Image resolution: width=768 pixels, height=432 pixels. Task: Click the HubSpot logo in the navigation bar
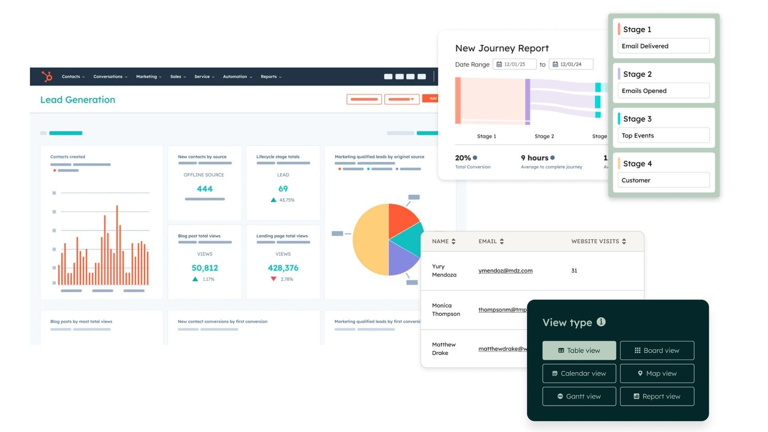point(47,76)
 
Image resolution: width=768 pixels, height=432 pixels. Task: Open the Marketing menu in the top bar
point(148,77)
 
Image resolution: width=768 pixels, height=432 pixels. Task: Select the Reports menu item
point(271,77)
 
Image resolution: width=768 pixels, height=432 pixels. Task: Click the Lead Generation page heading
point(78,100)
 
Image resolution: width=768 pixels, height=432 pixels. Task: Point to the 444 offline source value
point(204,189)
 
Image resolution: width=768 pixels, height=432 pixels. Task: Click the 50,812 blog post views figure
point(204,268)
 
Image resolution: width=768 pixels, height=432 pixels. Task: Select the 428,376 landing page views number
point(283,268)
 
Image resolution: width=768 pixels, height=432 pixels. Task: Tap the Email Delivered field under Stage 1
point(663,46)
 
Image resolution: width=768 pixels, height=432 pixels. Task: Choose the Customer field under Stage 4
point(663,180)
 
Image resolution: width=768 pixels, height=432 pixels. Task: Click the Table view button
point(579,350)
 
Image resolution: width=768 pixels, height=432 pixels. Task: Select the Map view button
point(657,374)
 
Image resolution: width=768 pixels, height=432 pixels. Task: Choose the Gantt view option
point(579,396)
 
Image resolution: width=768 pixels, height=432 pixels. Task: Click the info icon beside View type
point(601,322)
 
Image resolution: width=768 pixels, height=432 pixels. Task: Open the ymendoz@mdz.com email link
point(505,271)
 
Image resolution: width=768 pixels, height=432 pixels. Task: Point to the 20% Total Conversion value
point(463,158)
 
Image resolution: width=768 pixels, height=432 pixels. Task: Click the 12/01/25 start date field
point(514,64)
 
